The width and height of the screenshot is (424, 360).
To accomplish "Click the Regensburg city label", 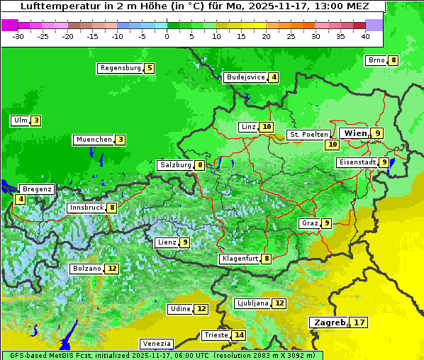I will (120, 68).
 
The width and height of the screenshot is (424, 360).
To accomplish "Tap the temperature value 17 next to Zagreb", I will (359, 322).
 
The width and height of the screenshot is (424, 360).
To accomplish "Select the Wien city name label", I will (355, 133).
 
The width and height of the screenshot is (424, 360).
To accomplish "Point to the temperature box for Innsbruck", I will (112, 208).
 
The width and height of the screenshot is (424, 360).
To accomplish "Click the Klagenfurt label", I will (240, 259).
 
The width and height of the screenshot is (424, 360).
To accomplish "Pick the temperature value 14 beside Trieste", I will (240, 335).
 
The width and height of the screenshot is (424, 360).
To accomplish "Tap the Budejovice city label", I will (245, 77).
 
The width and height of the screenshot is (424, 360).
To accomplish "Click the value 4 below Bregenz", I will (20, 199).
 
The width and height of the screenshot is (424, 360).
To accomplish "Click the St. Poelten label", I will (308, 134).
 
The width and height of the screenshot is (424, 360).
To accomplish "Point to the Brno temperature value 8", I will (394, 60).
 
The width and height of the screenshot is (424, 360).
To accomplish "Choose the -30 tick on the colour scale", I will (18, 35).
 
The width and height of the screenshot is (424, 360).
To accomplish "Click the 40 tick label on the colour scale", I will (364, 35).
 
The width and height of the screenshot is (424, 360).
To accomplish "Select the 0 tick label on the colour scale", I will (167, 35).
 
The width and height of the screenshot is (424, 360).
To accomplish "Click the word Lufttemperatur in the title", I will (52, 6).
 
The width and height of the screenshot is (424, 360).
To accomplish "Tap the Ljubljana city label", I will (252, 303).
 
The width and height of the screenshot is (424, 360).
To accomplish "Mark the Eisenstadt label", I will (357, 162).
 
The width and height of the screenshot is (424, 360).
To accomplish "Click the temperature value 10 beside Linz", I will (266, 127).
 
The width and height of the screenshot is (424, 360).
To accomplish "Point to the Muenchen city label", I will (94, 140).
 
